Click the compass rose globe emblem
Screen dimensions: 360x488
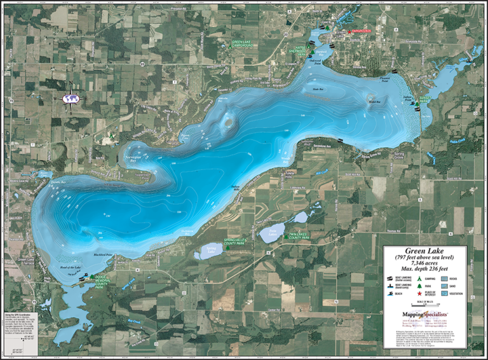pyautogui.click(x=72, y=99)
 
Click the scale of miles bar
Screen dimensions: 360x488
pyautogui.click(x=424, y=304)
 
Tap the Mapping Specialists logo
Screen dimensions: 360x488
pyautogui.click(x=424, y=315)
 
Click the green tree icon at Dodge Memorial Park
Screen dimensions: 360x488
pyautogui.click(x=92, y=277)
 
